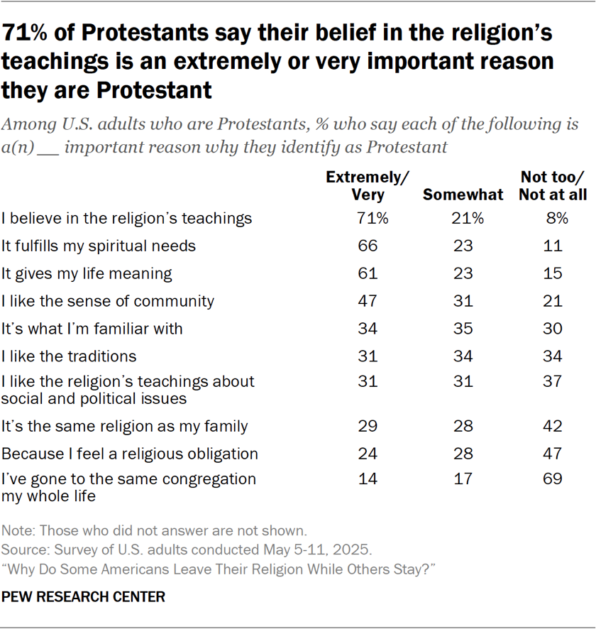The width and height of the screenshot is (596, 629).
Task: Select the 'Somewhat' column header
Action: (463, 195)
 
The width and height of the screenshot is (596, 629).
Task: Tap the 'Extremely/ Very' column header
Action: (368, 186)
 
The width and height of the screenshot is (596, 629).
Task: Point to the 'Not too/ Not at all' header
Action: (552, 186)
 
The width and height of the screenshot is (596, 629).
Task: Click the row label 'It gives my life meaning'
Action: (87, 273)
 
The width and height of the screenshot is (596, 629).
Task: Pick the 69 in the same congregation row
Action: (552, 478)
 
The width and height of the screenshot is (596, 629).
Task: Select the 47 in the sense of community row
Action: (368, 301)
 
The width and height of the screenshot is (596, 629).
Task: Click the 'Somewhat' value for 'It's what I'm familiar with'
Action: (463, 328)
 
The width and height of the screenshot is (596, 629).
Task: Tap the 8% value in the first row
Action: (552, 219)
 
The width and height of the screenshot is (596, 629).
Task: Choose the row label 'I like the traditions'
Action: (69, 356)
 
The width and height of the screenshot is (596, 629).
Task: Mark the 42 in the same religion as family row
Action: (552, 426)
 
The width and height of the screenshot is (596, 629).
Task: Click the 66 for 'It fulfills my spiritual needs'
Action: (368, 246)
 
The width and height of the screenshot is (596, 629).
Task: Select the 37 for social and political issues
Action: (552, 381)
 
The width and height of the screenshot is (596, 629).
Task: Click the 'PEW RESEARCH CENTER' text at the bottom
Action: (83, 597)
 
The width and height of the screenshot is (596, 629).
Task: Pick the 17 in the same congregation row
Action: (463, 478)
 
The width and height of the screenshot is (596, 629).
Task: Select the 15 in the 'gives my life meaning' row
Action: (552, 273)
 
